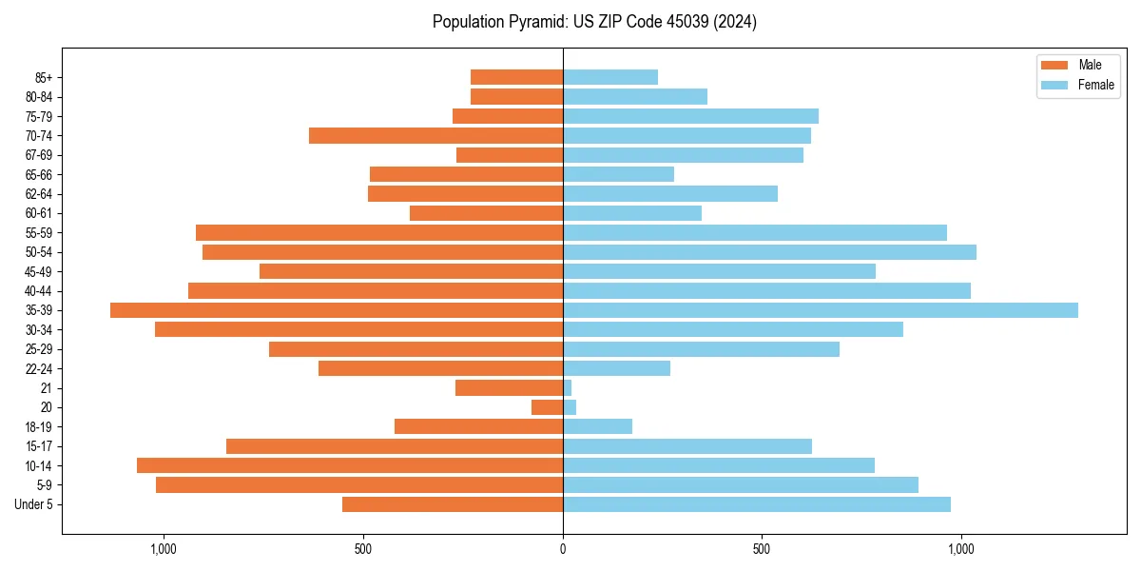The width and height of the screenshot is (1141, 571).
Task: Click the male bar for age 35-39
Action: (337, 310)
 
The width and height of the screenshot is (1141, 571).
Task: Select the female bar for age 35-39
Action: (820, 310)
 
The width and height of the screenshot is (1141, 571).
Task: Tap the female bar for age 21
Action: (568, 388)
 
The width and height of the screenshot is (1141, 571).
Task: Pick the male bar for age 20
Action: (548, 407)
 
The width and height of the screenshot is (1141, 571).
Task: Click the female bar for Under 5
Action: (756, 504)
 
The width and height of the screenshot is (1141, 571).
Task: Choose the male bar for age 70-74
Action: (436, 136)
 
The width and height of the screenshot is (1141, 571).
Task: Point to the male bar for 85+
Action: (517, 77)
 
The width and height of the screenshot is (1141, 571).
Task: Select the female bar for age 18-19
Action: (597, 426)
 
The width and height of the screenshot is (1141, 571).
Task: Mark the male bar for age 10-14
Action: (350, 465)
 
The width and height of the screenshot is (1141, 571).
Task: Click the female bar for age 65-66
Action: (618, 174)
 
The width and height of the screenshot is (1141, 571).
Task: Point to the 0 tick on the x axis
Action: (563, 549)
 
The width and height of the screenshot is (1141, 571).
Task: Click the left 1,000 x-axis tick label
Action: (164, 549)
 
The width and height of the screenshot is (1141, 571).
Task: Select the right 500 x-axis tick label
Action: (762, 549)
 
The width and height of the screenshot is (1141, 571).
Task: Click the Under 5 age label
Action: (33, 504)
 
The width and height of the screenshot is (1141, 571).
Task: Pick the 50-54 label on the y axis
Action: (39, 252)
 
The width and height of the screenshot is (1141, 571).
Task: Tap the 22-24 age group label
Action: (39, 368)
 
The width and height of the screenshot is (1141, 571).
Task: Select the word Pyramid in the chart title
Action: (531, 22)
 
